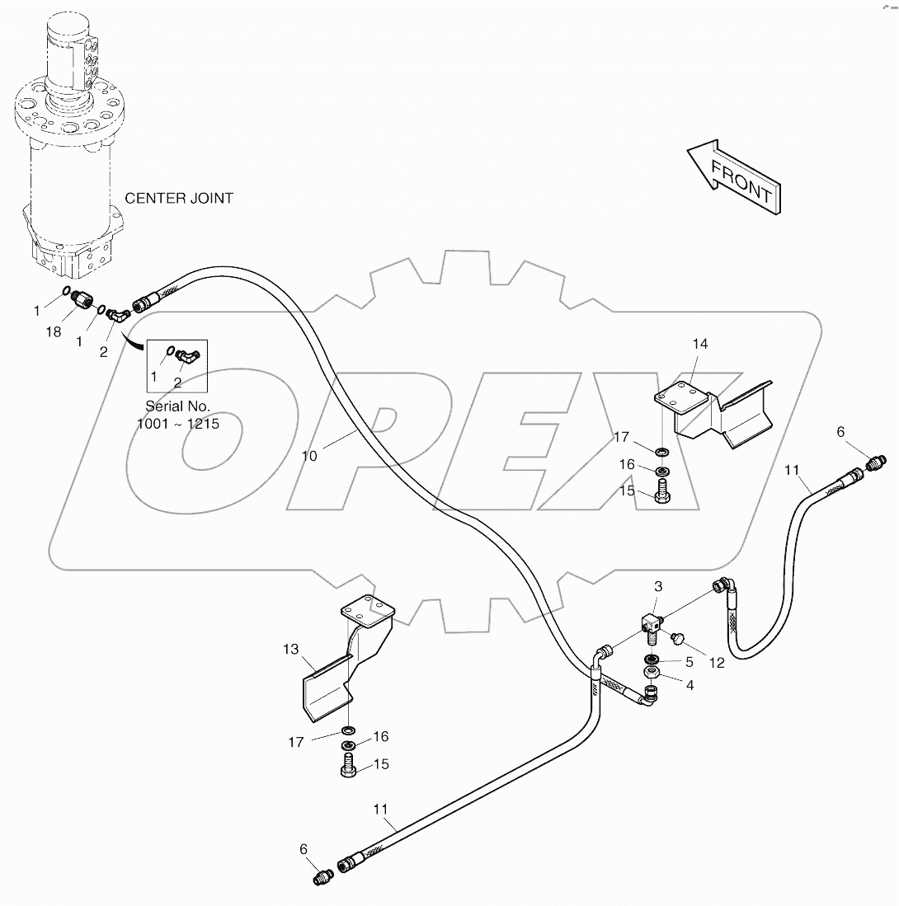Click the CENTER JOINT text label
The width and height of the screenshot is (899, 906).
pos(179,198)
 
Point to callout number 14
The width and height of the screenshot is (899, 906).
pos(699,344)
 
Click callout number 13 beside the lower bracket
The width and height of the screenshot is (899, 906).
pos(290,650)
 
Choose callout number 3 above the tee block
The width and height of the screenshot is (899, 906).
pos(658,587)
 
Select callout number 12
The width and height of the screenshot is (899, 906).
pos(717,662)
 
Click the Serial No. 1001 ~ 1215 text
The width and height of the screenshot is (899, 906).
pos(177,415)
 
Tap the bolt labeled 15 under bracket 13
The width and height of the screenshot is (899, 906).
pos(348,764)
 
